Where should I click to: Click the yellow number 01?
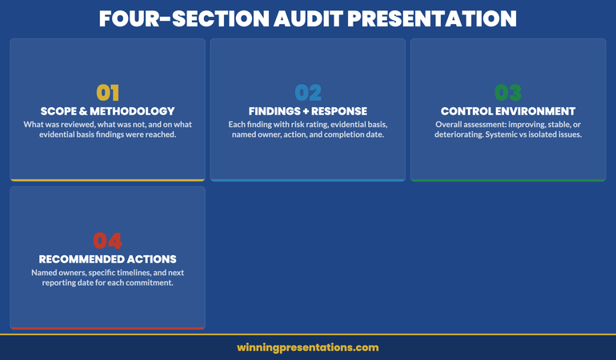coord(107,93)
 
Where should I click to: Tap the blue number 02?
coord(308,93)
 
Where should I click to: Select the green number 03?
coord(508,93)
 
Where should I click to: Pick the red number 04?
coord(107,240)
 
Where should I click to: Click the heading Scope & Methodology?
coord(107,111)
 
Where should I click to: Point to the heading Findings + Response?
coord(308,111)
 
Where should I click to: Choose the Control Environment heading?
coord(508,111)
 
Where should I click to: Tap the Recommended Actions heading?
coord(107,259)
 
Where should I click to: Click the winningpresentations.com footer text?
coord(308,348)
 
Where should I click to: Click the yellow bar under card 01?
coord(107,180)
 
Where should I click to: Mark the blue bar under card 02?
coord(308,180)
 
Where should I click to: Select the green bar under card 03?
coord(508,180)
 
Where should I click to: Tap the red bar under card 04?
coord(107,328)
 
